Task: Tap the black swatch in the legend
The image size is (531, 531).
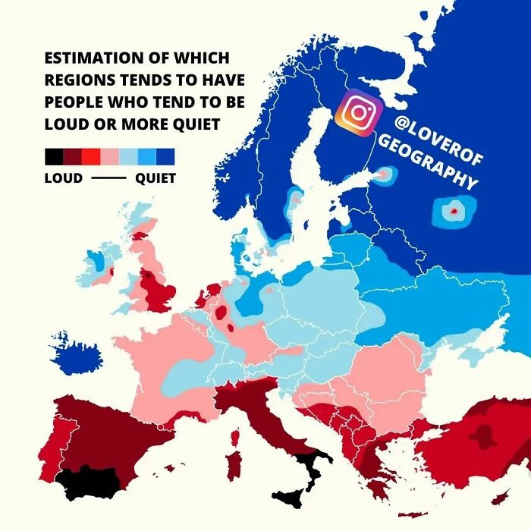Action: pyautogui.click(x=53, y=157)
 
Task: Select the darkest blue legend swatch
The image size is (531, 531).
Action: pyautogui.click(x=165, y=157)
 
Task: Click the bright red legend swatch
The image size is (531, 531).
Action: pyautogui.click(x=91, y=157)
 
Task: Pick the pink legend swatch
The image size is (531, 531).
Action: pyautogui.click(x=109, y=157)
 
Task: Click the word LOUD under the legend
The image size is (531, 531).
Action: pyautogui.click(x=63, y=179)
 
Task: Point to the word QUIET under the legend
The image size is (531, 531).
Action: pyautogui.click(x=156, y=179)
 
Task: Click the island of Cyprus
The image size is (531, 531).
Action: pyautogui.click(x=498, y=497)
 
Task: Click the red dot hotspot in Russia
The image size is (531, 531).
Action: pyautogui.click(x=454, y=212)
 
